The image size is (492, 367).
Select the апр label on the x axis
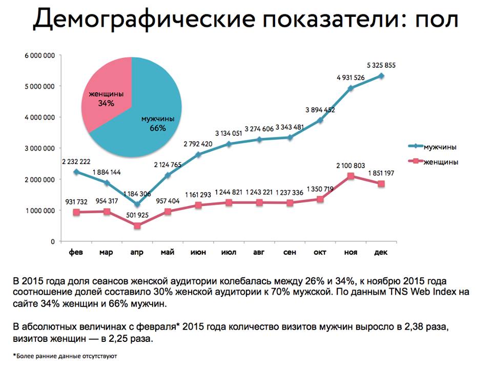click(137, 253)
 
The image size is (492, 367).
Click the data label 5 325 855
click(381, 65)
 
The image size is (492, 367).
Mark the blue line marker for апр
click(137, 205)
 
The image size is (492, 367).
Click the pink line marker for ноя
click(351, 176)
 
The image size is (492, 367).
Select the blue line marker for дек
click(381, 76)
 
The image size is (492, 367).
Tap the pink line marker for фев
click(76, 212)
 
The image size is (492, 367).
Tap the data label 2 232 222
click(77, 160)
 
